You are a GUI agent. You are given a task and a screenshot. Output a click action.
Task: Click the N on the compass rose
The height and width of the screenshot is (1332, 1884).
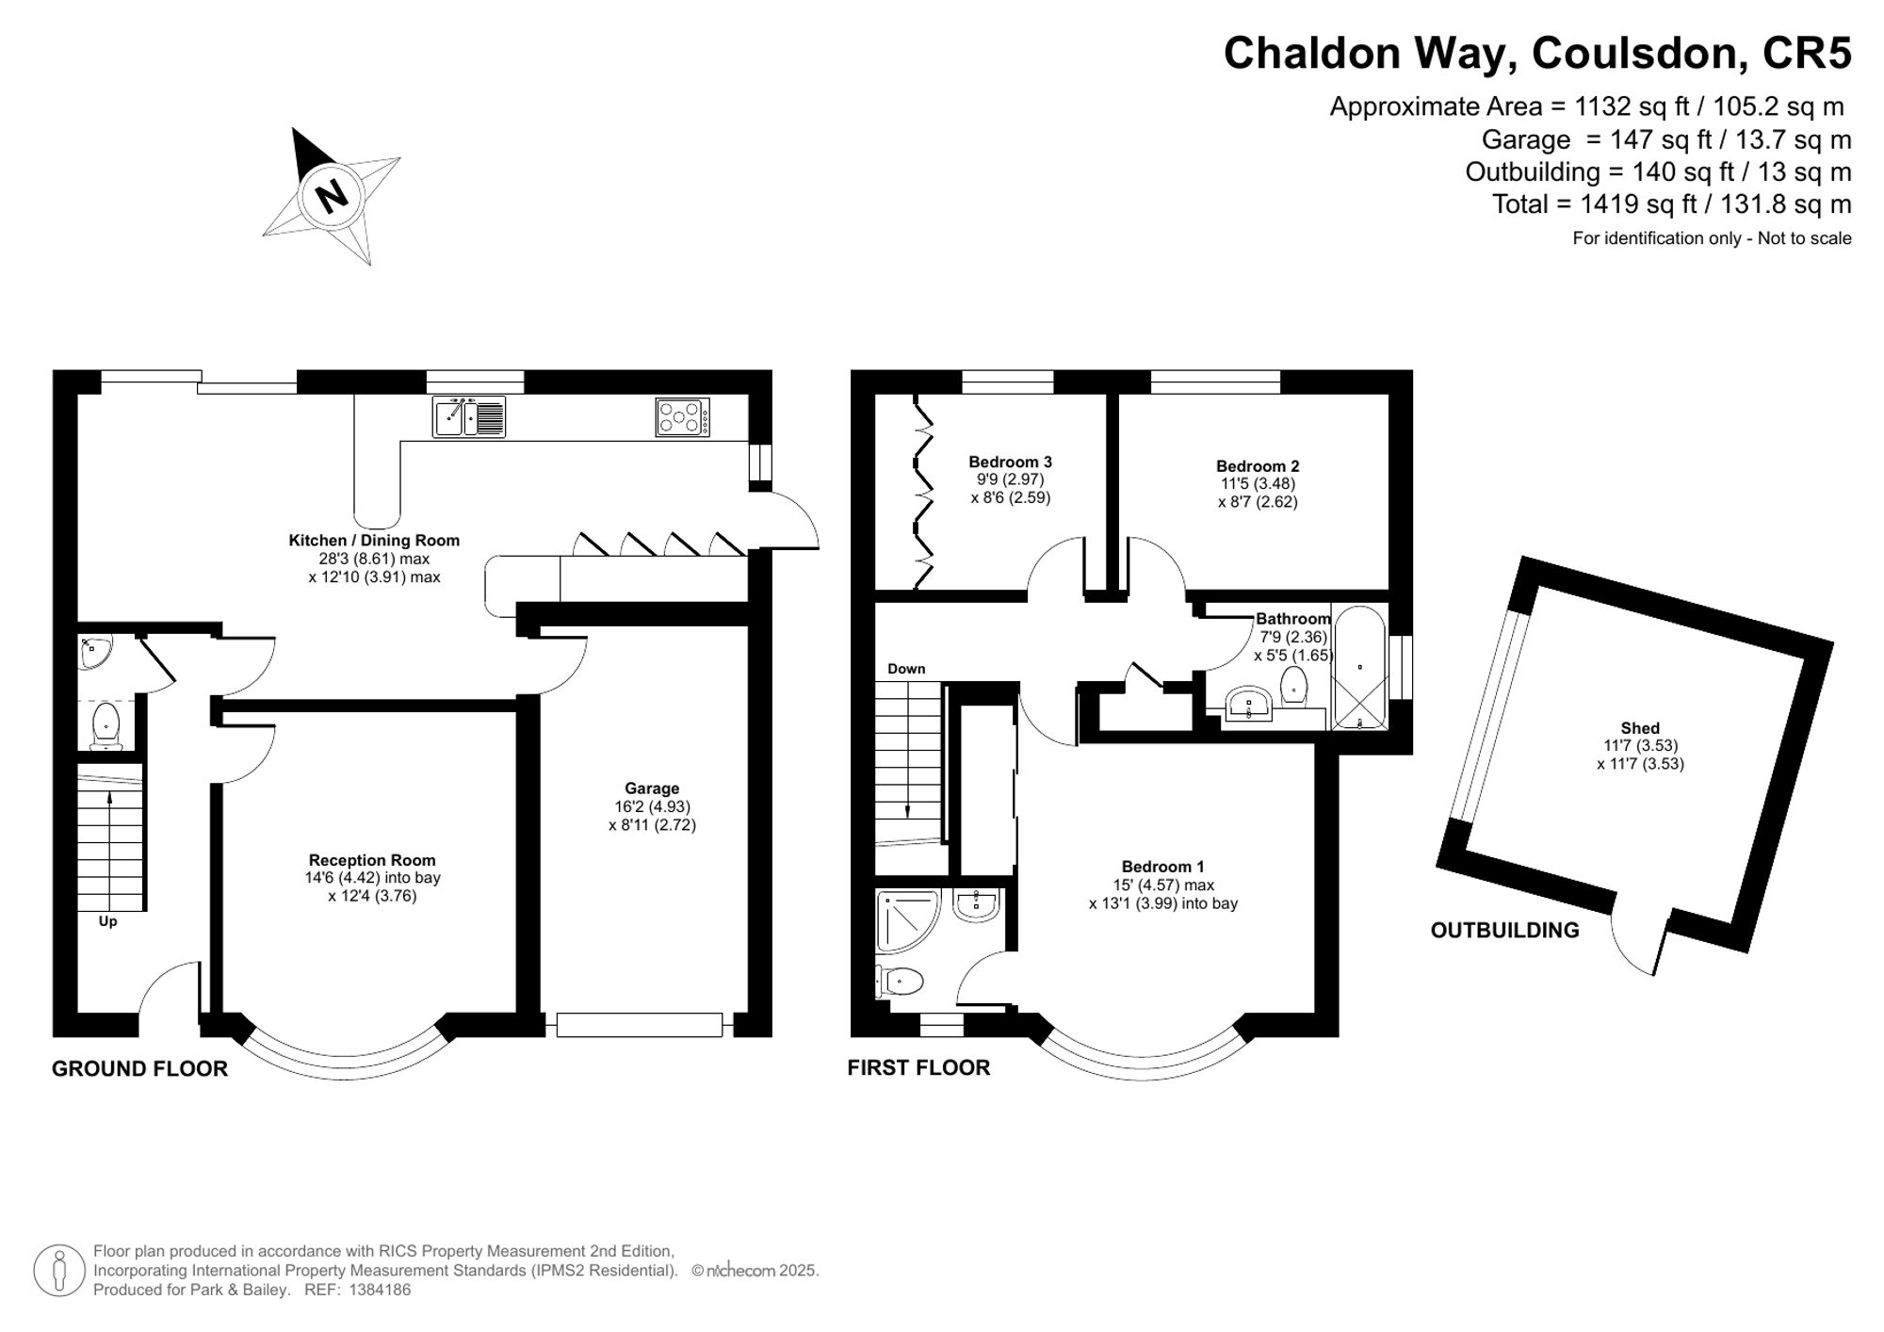pyautogui.click(x=331, y=198)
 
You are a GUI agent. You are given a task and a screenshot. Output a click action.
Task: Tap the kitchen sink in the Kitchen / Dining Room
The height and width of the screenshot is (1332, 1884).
pyautogui.click(x=469, y=416)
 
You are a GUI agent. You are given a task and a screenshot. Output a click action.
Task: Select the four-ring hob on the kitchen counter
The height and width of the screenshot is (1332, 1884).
pyautogui.click(x=683, y=417)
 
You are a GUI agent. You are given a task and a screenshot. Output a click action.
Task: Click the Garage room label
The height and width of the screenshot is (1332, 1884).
pyautogui.click(x=652, y=788)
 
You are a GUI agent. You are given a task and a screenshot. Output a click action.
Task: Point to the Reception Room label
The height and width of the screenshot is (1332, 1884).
pyautogui.click(x=372, y=860)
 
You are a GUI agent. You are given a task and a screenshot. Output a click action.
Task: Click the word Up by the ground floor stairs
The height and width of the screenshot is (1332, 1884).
pyautogui.click(x=108, y=921)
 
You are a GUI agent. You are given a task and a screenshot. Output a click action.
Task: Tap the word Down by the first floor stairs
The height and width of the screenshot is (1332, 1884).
pyautogui.click(x=906, y=669)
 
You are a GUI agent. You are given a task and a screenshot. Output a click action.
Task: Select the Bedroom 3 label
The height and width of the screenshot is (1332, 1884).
pyautogui.click(x=1011, y=462)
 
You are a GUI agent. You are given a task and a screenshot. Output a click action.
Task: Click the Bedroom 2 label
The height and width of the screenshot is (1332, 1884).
pyautogui.click(x=1258, y=466)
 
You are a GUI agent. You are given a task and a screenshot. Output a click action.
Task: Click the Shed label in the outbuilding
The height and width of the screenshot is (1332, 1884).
pyautogui.click(x=1640, y=728)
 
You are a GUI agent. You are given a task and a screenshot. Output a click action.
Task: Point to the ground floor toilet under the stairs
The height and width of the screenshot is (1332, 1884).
pyautogui.click(x=106, y=725)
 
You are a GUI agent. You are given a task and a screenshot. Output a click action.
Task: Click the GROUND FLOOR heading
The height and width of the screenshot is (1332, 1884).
pyautogui.click(x=139, y=1068)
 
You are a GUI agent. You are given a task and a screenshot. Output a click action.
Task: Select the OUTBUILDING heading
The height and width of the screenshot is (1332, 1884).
pyautogui.click(x=1504, y=931)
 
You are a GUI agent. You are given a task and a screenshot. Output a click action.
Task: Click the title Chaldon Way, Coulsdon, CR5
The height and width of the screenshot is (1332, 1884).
pyautogui.click(x=1537, y=53)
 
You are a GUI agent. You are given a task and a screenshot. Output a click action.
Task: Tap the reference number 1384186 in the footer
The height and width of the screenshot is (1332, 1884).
pyautogui.click(x=380, y=1290)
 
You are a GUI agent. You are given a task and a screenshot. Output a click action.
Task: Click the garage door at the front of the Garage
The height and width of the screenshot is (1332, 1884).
pyautogui.click(x=640, y=1025)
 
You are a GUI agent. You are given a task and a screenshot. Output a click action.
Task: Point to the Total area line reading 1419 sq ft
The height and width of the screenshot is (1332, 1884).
pyautogui.click(x=1672, y=204)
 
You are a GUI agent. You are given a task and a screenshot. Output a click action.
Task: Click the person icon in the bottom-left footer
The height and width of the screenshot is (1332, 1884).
pyautogui.click(x=60, y=1270)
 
